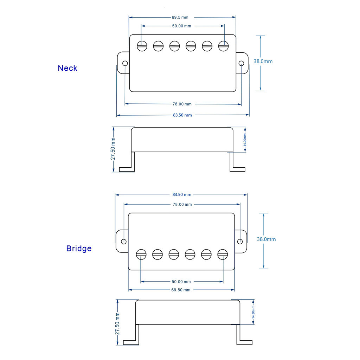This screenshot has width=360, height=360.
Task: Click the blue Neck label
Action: click(x=67, y=68)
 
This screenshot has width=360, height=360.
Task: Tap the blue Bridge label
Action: click(x=79, y=249)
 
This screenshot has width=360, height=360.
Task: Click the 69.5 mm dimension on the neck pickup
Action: click(x=180, y=17)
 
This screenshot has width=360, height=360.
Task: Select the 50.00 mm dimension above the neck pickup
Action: click(x=182, y=26)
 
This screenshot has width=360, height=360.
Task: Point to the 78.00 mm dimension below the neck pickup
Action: click(x=182, y=104)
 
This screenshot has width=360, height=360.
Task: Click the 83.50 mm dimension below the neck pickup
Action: click(x=182, y=115)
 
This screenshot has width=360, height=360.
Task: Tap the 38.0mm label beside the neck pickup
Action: click(x=263, y=61)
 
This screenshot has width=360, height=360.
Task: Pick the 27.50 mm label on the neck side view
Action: click(x=113, y=149)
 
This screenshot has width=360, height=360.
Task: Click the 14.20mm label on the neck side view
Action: click(x=245, y=140)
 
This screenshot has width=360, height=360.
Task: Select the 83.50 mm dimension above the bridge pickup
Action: click(x=182, y=194)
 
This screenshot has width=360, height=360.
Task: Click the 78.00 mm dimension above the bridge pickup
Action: click(x=182, y=204)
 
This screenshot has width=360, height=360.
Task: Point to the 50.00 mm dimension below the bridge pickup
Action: click(x=181, y=282)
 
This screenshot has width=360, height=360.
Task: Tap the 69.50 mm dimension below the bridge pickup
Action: click(x=181, y=290)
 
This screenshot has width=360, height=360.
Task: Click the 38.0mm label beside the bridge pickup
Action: click(x=266, y=239)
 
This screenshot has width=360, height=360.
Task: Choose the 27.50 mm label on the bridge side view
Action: click(x=117, y=323)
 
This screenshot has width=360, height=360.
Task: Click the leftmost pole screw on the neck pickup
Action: click(x=142, y=46)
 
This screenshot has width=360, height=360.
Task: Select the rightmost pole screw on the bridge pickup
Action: click(x=223, y=255)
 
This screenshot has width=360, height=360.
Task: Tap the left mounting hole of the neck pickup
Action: click(x=125, y=63)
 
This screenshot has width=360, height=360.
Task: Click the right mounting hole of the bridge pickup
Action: click(x=240, y=242)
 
